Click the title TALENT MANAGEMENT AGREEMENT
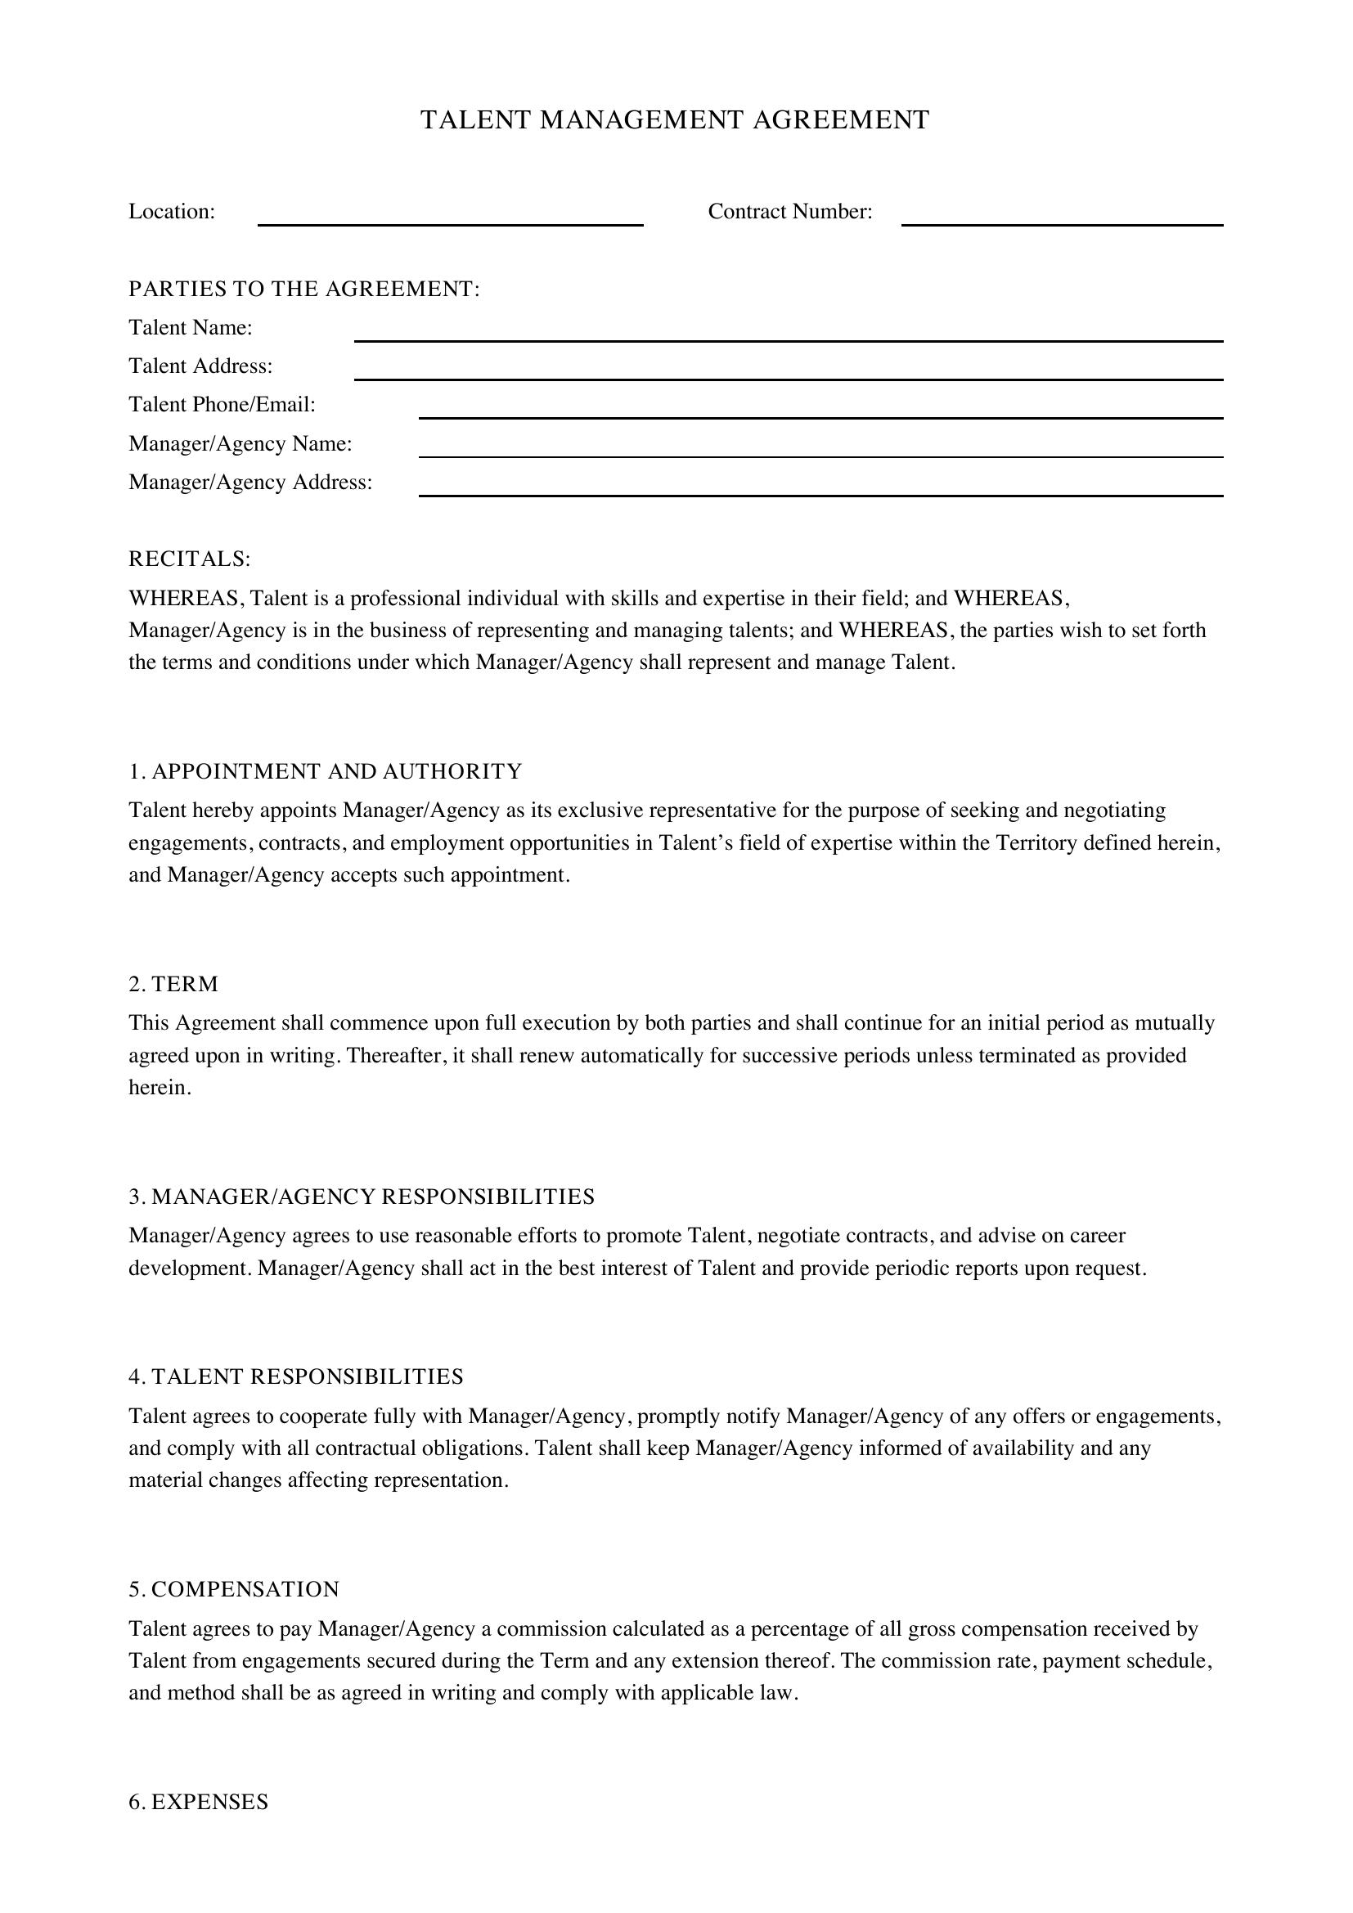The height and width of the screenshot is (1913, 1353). tap(675, 121)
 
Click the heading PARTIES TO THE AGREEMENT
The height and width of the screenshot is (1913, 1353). tap(304, 289)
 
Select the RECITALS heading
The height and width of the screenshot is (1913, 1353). tap(189, 559)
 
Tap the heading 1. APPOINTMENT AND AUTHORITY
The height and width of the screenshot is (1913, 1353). tap(325, 771)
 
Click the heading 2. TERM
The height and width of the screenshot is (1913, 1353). tap(173, 984)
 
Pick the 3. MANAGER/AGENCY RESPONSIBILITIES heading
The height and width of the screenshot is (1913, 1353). tap(362, 1197)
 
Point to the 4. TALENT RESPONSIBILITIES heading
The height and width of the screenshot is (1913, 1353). tap(296, 1376)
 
